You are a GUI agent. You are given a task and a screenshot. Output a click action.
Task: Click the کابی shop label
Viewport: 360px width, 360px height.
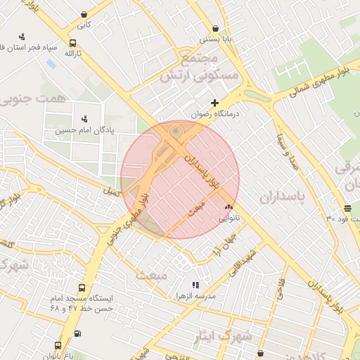click(x=84, y=25)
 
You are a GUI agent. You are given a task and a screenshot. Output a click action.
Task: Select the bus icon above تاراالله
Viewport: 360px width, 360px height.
click(x=73, y=43)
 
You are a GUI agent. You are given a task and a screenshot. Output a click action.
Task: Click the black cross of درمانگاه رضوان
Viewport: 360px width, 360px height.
click(x=214, y=103)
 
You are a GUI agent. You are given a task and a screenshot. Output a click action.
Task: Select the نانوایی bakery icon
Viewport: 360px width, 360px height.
click(x=228, y=207)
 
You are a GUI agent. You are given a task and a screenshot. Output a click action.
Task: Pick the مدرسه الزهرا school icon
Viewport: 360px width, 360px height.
click(x=195, y=285)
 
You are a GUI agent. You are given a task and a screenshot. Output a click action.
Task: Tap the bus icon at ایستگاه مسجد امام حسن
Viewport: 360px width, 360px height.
click(x=82, y=288)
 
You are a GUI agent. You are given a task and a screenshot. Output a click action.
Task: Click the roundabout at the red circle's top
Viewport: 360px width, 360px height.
click(x=176, y=131)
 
